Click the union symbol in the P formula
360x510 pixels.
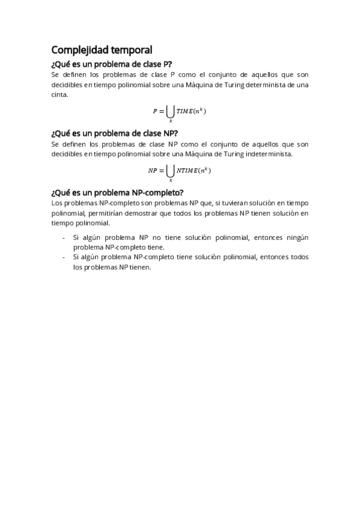tap(170, 111)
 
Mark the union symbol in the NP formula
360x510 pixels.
tap(170, 170)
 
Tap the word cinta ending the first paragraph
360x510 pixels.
tap(59, 94)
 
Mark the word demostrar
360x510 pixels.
tap(142, 213)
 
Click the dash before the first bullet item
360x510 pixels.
tap(64, 238)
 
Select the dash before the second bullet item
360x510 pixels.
tap(64, 257)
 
